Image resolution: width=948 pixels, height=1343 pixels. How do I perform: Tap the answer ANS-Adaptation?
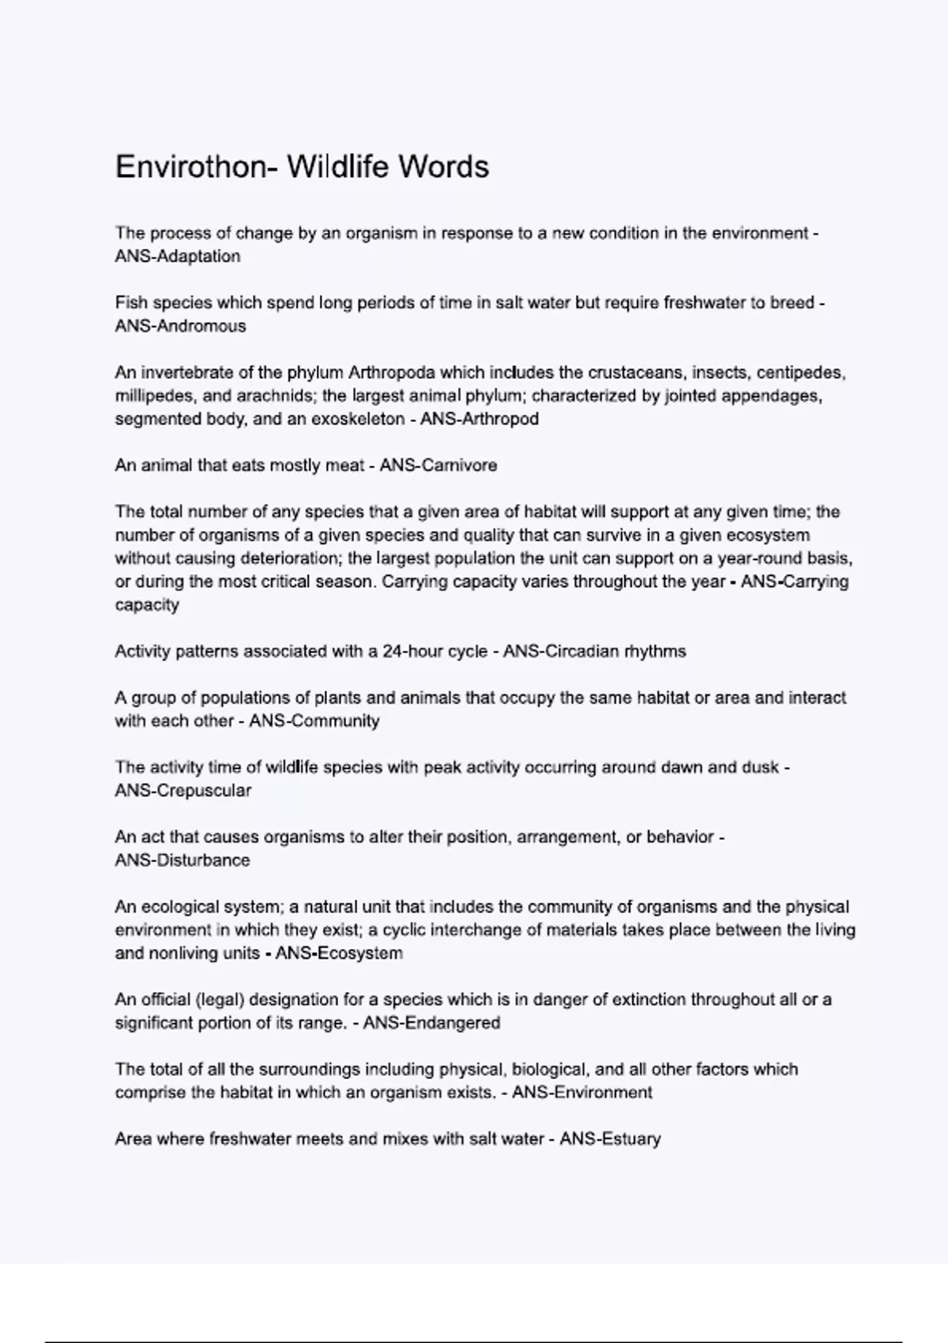pos(178,257)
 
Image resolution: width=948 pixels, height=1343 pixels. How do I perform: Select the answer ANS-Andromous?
pos(180,326)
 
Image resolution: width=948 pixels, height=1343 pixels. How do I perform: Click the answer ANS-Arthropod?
pos(480,419)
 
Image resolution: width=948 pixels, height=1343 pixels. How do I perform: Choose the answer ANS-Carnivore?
pos(438,466)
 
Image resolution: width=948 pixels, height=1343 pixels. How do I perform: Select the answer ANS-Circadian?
pos(561,652)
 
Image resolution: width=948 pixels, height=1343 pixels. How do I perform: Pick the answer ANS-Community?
pos(314,721)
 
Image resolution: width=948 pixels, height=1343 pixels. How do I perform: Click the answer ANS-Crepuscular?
pos(183,791)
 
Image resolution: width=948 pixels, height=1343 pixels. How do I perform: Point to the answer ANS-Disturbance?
pos(182,860)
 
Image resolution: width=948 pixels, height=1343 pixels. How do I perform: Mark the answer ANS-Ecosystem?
pos(339,954)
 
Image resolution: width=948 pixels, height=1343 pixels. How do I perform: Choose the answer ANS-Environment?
pos(582,1093)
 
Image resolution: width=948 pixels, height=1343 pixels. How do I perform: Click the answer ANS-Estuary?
pos(610,1139)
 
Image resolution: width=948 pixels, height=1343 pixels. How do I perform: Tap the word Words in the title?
pos(443,167)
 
